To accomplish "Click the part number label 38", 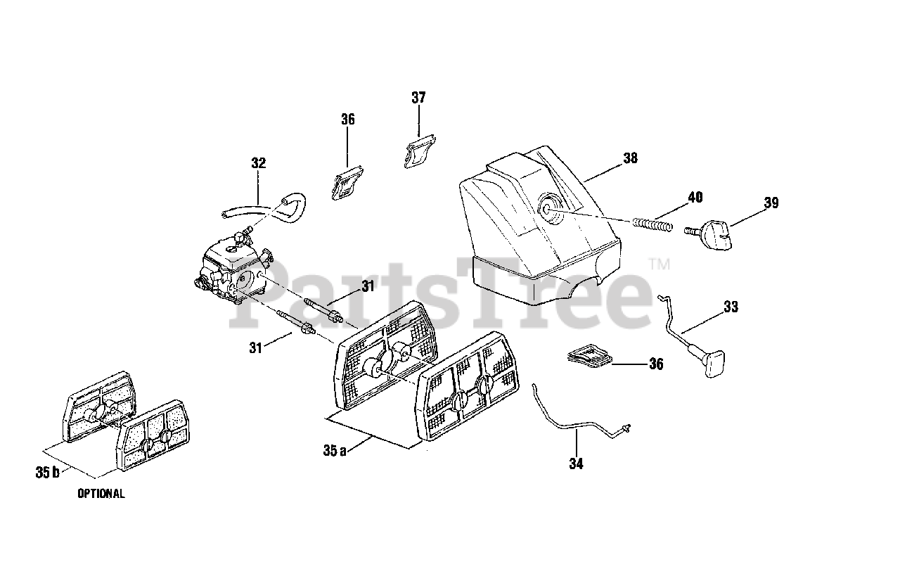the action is (629, 158).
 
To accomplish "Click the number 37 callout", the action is (418, 98).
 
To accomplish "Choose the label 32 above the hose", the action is (258, 163).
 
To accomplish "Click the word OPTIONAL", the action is (101, 494).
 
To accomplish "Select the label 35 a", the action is (335, 452).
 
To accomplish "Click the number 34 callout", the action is (577, 464).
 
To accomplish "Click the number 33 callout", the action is (731, 307).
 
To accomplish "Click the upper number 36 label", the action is (347, 120).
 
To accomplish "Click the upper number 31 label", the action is (368, 286).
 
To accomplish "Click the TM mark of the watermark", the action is (659, 264).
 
